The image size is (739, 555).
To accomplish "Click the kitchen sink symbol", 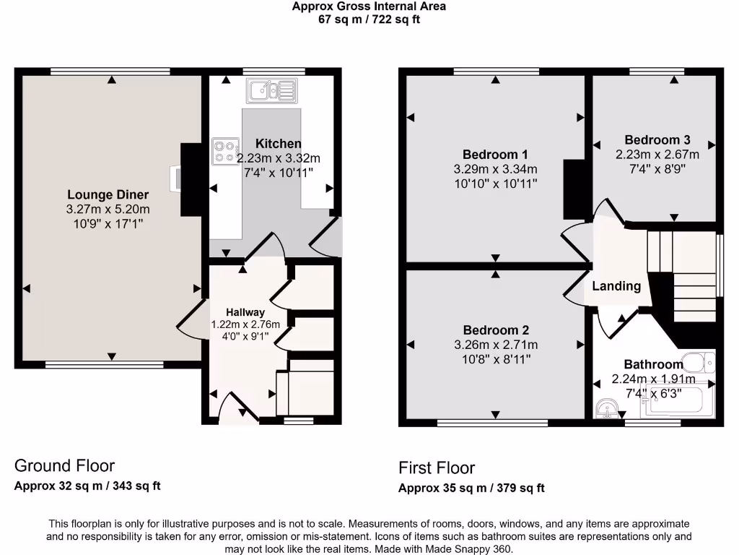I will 271,90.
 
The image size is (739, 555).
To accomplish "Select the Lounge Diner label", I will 108,194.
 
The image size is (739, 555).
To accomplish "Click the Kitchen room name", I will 279,144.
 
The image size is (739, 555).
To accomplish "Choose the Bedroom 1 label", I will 495,154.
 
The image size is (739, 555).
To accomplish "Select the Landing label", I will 616,286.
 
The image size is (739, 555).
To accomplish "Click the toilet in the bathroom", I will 698,363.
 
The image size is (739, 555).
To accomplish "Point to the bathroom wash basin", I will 608,410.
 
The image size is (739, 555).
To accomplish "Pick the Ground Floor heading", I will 64,465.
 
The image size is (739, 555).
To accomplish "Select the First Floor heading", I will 437,468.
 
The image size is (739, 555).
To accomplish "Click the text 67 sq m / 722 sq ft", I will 369,20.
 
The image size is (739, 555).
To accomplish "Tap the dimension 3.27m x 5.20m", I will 108,210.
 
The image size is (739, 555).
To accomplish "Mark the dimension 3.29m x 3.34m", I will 495,169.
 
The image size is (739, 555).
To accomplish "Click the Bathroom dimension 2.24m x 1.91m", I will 653,379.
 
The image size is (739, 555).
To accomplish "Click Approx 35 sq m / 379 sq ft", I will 471,488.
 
